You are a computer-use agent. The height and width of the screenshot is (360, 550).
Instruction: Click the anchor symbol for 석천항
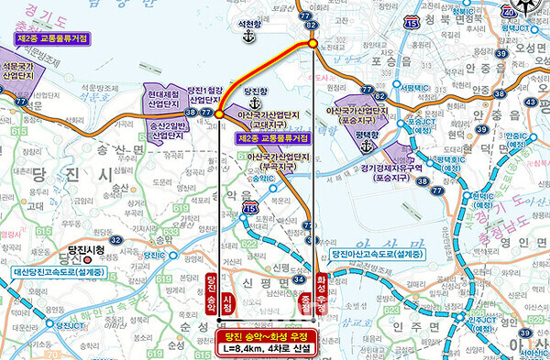(x=246, y=36)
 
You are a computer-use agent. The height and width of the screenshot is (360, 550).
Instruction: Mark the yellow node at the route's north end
(x=313, y=42)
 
